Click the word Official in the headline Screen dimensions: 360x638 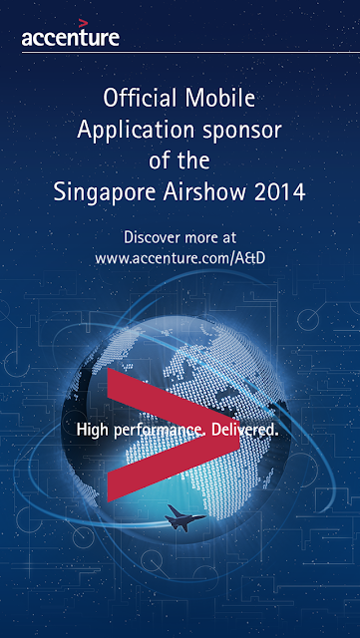click(x=141, y=99)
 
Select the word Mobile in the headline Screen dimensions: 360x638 click(x=220, y=99)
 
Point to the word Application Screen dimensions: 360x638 click(x=136, y=131)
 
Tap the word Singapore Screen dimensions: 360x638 click(x=105, y=192)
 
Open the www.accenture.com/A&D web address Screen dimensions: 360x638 click(x=180, y=258)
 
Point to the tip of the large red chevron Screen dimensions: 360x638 click(x=239, y=435)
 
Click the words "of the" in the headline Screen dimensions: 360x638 click(x=180, y=160)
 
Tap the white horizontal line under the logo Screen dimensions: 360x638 click(x=190, y=52)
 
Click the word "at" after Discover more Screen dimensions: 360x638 click(x=228, y=237)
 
